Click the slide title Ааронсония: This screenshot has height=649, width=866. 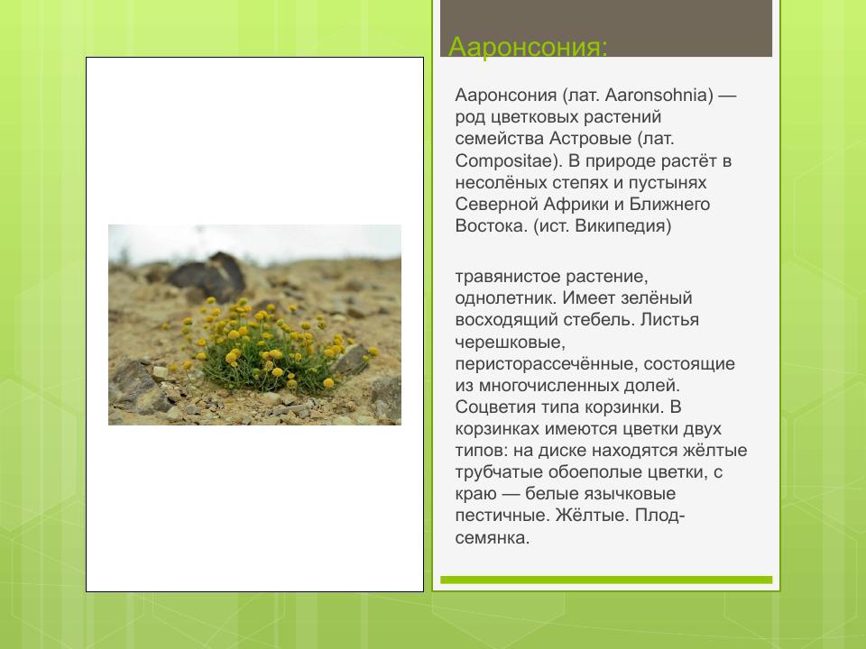529,46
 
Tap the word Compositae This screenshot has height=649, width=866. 499,160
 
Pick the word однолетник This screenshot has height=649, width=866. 502,298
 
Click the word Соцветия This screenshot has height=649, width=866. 494,407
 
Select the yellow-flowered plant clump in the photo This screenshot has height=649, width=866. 262,347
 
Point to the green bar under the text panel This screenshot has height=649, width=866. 605,580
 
